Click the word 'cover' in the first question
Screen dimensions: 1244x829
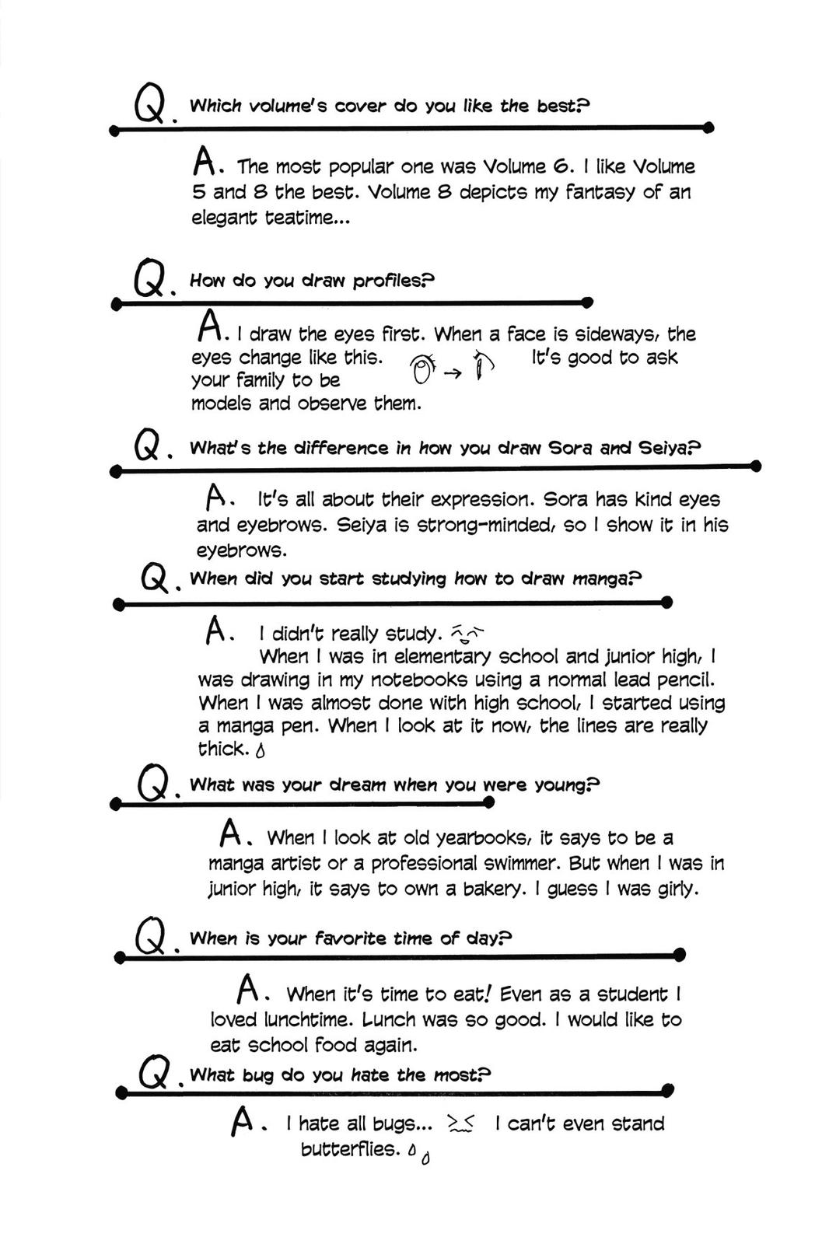360,106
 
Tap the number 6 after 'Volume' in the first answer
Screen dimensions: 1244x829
562,166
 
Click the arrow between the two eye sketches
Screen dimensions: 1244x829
453,373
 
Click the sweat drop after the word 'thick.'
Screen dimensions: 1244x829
261,750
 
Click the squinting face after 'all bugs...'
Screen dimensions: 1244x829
461,1123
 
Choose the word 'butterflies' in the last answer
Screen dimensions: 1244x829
349,1149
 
